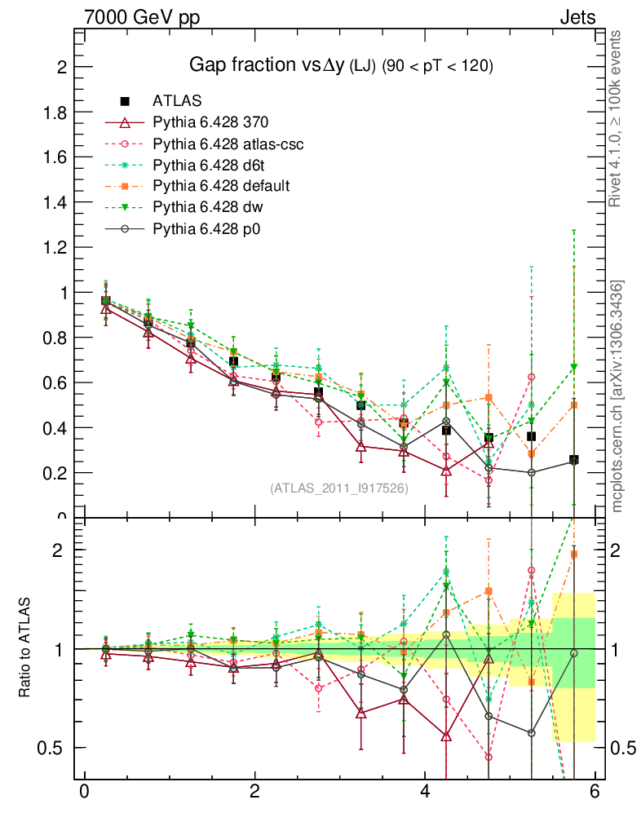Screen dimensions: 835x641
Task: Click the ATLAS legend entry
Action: [177, 101]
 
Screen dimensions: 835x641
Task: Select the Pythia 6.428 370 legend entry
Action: [210, 122]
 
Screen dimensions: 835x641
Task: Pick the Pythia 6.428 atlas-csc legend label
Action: [228, 144]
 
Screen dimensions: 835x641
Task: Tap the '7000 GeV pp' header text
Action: [142, 17]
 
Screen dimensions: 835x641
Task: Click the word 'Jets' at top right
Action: [577, 17]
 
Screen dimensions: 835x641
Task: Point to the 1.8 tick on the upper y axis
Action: [56, 112]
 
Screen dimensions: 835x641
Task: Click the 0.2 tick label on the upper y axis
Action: [56, 473]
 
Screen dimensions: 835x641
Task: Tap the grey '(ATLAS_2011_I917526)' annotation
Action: [338, 488]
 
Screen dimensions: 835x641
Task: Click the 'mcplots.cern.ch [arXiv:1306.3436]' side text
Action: [617, 396]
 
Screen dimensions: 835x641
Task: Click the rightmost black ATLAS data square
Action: [574, 461]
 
